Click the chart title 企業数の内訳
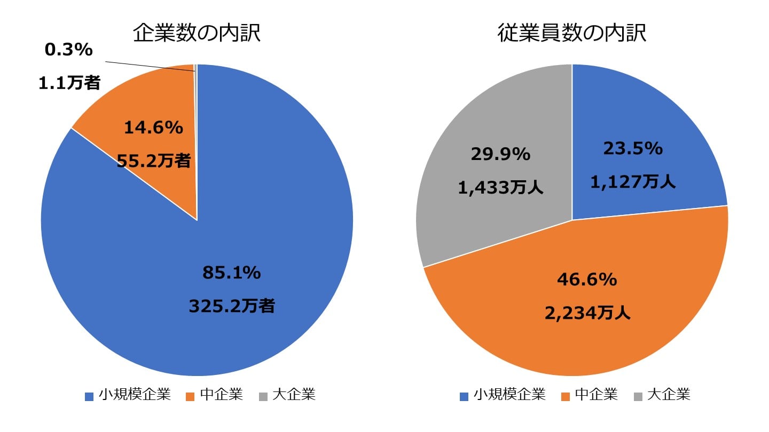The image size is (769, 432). point(197,34)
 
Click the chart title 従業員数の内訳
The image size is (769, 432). point(572,34)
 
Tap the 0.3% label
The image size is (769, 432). point(69,50)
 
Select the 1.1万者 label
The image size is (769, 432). point(69,83)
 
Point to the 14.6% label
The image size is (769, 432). point(153,127)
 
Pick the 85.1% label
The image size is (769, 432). point(231,273)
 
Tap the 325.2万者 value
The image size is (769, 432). point(232,306)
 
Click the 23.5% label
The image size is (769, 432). point(633,149)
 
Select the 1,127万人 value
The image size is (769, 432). point(633,182)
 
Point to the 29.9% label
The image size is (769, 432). point(500,155)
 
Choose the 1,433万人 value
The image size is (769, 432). point(500,188)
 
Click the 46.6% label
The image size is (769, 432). point(587,279)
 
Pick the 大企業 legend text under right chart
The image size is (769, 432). point(669,395)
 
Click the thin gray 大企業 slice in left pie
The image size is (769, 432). point(196,107)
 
